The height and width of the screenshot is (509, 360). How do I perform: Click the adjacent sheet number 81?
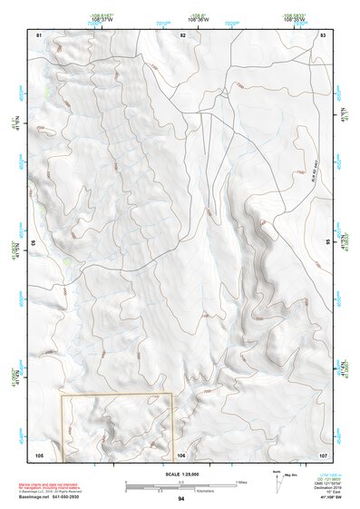pyautogui.click(x=39, y=34)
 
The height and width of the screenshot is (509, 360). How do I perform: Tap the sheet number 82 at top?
pyautogui.click(x=182, y=34)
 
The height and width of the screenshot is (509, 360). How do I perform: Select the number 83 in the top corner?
pyautogui.click(x=323, y=34)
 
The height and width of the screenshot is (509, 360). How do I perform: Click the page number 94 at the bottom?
pyautogui.click(x=181, y=499)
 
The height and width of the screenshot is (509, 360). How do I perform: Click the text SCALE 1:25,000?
pyautogui.click(x=180, y=474)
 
